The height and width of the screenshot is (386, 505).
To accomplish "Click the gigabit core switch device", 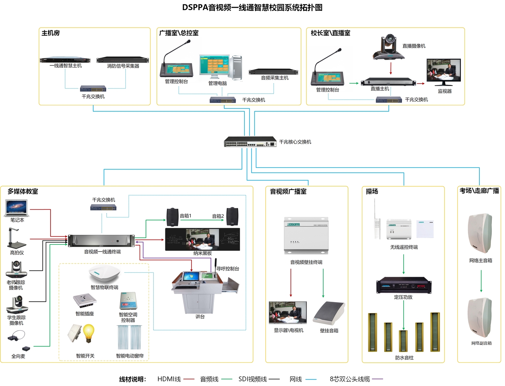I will [250, 142].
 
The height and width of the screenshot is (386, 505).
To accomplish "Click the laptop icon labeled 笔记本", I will [17, 208].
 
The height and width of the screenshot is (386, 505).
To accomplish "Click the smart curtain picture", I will [130, 337].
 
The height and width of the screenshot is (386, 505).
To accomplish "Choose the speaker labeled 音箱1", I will [172, 217].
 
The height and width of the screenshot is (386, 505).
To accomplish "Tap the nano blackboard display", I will [202, 239].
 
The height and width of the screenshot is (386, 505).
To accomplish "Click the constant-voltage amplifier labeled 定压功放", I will [404, 286].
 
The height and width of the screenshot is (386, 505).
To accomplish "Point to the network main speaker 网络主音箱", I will [480, 233].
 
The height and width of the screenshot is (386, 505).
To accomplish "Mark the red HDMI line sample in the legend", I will [189, 379].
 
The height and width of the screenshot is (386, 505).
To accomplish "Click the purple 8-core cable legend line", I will [377, 379].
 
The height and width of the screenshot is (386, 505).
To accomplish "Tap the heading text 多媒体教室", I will [23, 191].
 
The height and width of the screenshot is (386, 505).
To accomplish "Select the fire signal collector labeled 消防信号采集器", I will [123, 60].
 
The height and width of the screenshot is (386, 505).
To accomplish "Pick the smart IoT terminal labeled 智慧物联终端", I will [104, 273].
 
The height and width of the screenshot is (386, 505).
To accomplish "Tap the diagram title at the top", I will [252, 7].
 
